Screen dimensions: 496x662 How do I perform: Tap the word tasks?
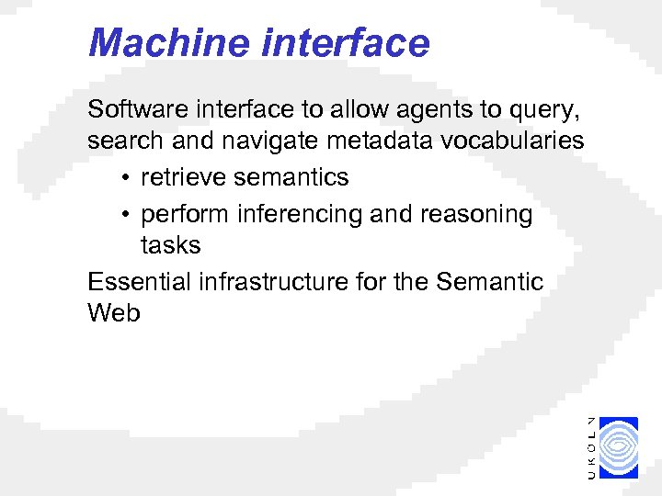[x=170, y=245]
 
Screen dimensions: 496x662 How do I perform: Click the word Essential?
[x=138, y=281]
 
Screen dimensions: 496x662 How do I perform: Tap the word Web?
[x=114, y=313]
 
